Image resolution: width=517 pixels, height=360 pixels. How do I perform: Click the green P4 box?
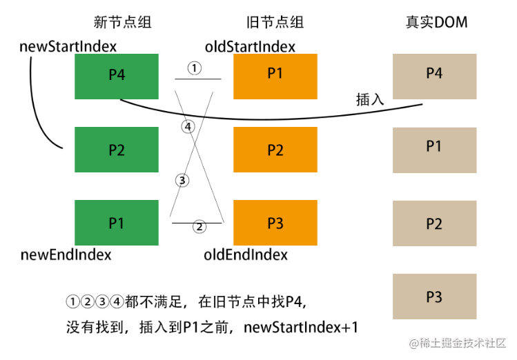(117, 77)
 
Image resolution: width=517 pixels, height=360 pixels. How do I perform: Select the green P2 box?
(117, 150)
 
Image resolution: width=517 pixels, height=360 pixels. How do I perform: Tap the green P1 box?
(117, 223)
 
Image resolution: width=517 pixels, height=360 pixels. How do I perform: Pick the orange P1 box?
(275, 77)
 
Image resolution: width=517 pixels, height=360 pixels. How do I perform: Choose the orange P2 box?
(275, 150)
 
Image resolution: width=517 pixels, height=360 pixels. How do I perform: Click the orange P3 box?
(275, 223)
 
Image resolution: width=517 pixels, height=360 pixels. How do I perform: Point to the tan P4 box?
(435, 77)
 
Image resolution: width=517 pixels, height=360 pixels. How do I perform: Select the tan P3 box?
(435, 297)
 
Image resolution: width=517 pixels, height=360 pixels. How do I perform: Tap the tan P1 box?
(435, 150)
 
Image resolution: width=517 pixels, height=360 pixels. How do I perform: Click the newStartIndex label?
(68, 46)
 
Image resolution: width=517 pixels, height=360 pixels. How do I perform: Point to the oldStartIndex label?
(250, 46)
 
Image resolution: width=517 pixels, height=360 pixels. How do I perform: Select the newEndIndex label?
(66, 254)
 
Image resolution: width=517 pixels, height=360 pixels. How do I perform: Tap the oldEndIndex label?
(246, 254)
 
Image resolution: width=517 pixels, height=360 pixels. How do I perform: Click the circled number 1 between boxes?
(195, 68)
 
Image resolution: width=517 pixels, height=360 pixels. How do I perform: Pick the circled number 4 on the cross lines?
(188, 127)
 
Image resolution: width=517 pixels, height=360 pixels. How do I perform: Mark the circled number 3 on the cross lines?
(182, 181)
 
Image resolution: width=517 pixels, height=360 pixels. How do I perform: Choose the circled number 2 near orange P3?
(199, 227)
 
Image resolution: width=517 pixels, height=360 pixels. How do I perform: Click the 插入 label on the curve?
(370, 99)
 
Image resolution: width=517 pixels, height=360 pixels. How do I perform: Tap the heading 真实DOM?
(436, 22)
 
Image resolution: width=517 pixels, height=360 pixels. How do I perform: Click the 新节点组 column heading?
(122, 22)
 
